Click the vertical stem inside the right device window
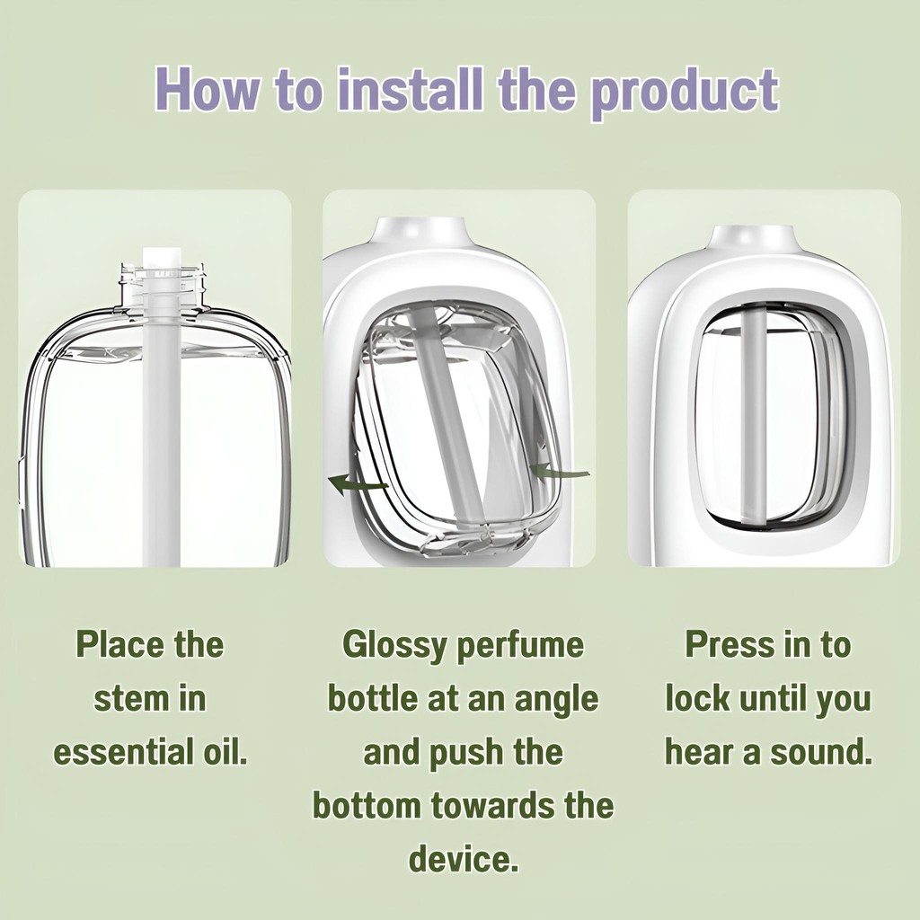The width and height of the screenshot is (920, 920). click(x=752, y=416)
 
